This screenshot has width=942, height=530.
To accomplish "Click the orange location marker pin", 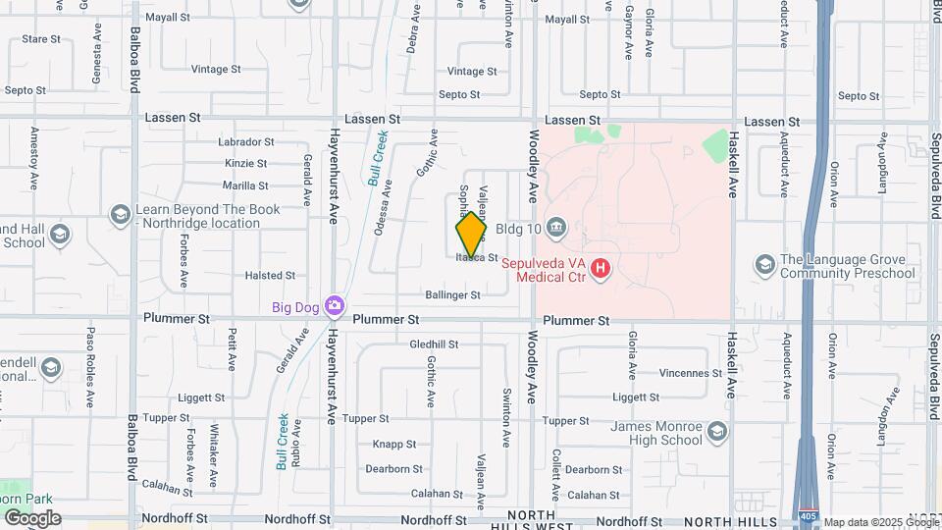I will pos(471,235).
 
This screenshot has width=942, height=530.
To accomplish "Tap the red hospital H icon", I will pos(600,266).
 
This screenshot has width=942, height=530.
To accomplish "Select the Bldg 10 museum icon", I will pos(555,229).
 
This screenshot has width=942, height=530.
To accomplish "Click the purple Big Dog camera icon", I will pos(336,306).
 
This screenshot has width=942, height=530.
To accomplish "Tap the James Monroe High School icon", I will pos(718,432).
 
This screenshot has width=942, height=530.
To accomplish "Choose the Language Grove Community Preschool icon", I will pos(764,265).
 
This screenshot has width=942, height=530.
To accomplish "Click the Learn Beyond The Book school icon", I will pos(120,215).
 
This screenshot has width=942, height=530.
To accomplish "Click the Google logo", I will pos(31,517).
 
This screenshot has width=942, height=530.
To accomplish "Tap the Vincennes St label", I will pos(691,373).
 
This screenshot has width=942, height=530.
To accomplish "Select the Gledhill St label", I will pos(434,344).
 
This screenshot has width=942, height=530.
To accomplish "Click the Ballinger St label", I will pos(452,294).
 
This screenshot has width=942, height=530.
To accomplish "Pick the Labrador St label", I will pos(246,142).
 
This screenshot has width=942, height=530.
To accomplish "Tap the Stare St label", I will pos(41,39).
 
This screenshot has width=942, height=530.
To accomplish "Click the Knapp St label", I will pos(395,444).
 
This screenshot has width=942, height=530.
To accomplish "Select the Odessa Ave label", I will pos(383,207).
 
